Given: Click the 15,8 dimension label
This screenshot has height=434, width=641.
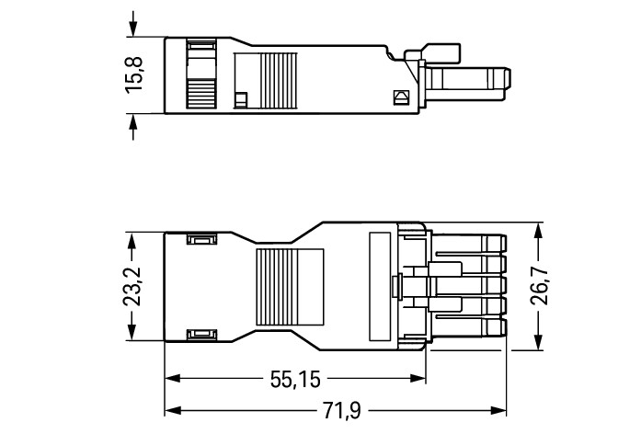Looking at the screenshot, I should (x=134, y=74).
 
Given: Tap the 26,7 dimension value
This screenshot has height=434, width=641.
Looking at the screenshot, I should (x=540, y=287).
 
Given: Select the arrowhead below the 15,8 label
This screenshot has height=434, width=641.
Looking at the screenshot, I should (x=134, y=121).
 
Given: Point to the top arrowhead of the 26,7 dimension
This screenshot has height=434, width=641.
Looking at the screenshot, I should (x=540, y=231).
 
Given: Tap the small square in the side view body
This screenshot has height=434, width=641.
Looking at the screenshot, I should (x=242, y=97).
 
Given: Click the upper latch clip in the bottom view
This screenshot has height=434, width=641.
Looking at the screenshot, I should (x=200, y=240).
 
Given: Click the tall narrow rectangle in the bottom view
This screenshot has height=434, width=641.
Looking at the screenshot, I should (x=378, y=287).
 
